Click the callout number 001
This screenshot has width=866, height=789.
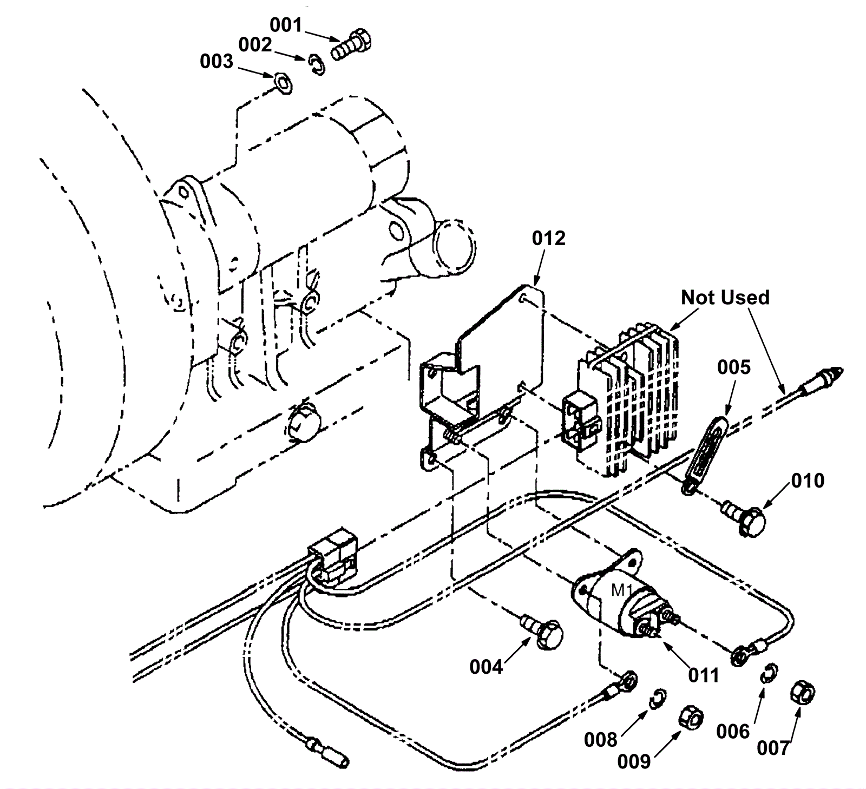coord(286,25)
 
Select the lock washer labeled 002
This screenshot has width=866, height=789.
coord(318,65)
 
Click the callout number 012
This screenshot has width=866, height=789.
coord(548,238)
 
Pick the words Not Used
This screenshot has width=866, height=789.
coord(725,297)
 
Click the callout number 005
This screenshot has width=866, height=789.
coord(734,367)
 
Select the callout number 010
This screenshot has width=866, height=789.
coord(808,481)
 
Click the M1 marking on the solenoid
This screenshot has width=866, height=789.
coord(621,591)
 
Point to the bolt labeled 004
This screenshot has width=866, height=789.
coord(544,632)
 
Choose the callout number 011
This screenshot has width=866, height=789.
coord(703,675)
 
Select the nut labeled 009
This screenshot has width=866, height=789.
coord(691,718)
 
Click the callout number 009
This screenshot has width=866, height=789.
coord(634,761)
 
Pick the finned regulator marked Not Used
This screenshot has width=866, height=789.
coord(628,400)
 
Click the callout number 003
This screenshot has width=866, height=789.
coord(216,62)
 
